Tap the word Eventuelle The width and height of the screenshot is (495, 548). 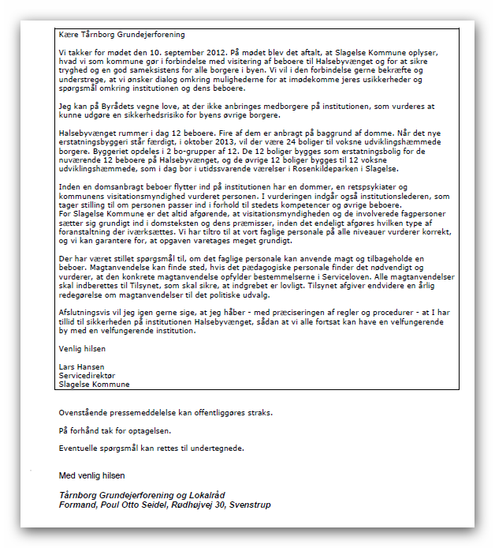coord(80,449)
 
